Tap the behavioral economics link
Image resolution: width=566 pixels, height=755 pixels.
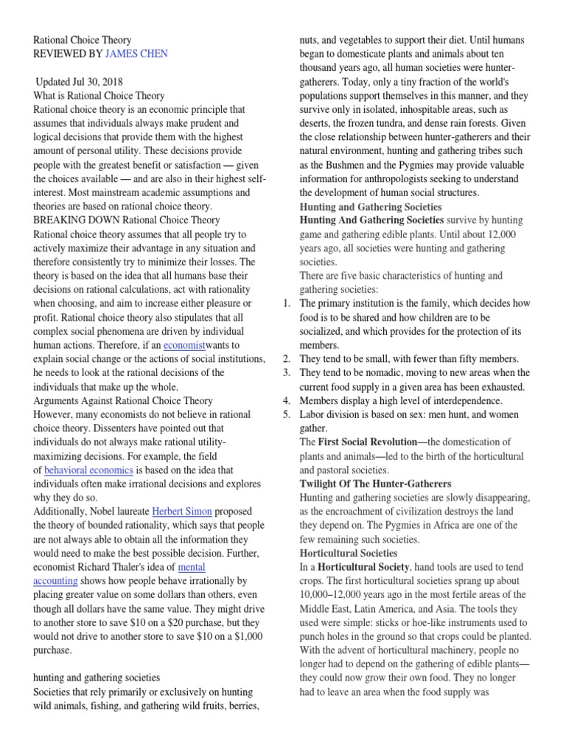coord(88,470)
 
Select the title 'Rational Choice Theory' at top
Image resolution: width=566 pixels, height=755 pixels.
coord(83,40)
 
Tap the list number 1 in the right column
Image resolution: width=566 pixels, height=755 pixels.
coord(287,303)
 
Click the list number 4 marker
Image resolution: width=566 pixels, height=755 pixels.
coord(287,400)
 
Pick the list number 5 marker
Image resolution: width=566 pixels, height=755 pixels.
coord(287,414)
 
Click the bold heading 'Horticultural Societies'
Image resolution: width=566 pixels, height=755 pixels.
coord(349,553)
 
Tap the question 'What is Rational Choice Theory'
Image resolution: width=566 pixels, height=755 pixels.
coord(99,96)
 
